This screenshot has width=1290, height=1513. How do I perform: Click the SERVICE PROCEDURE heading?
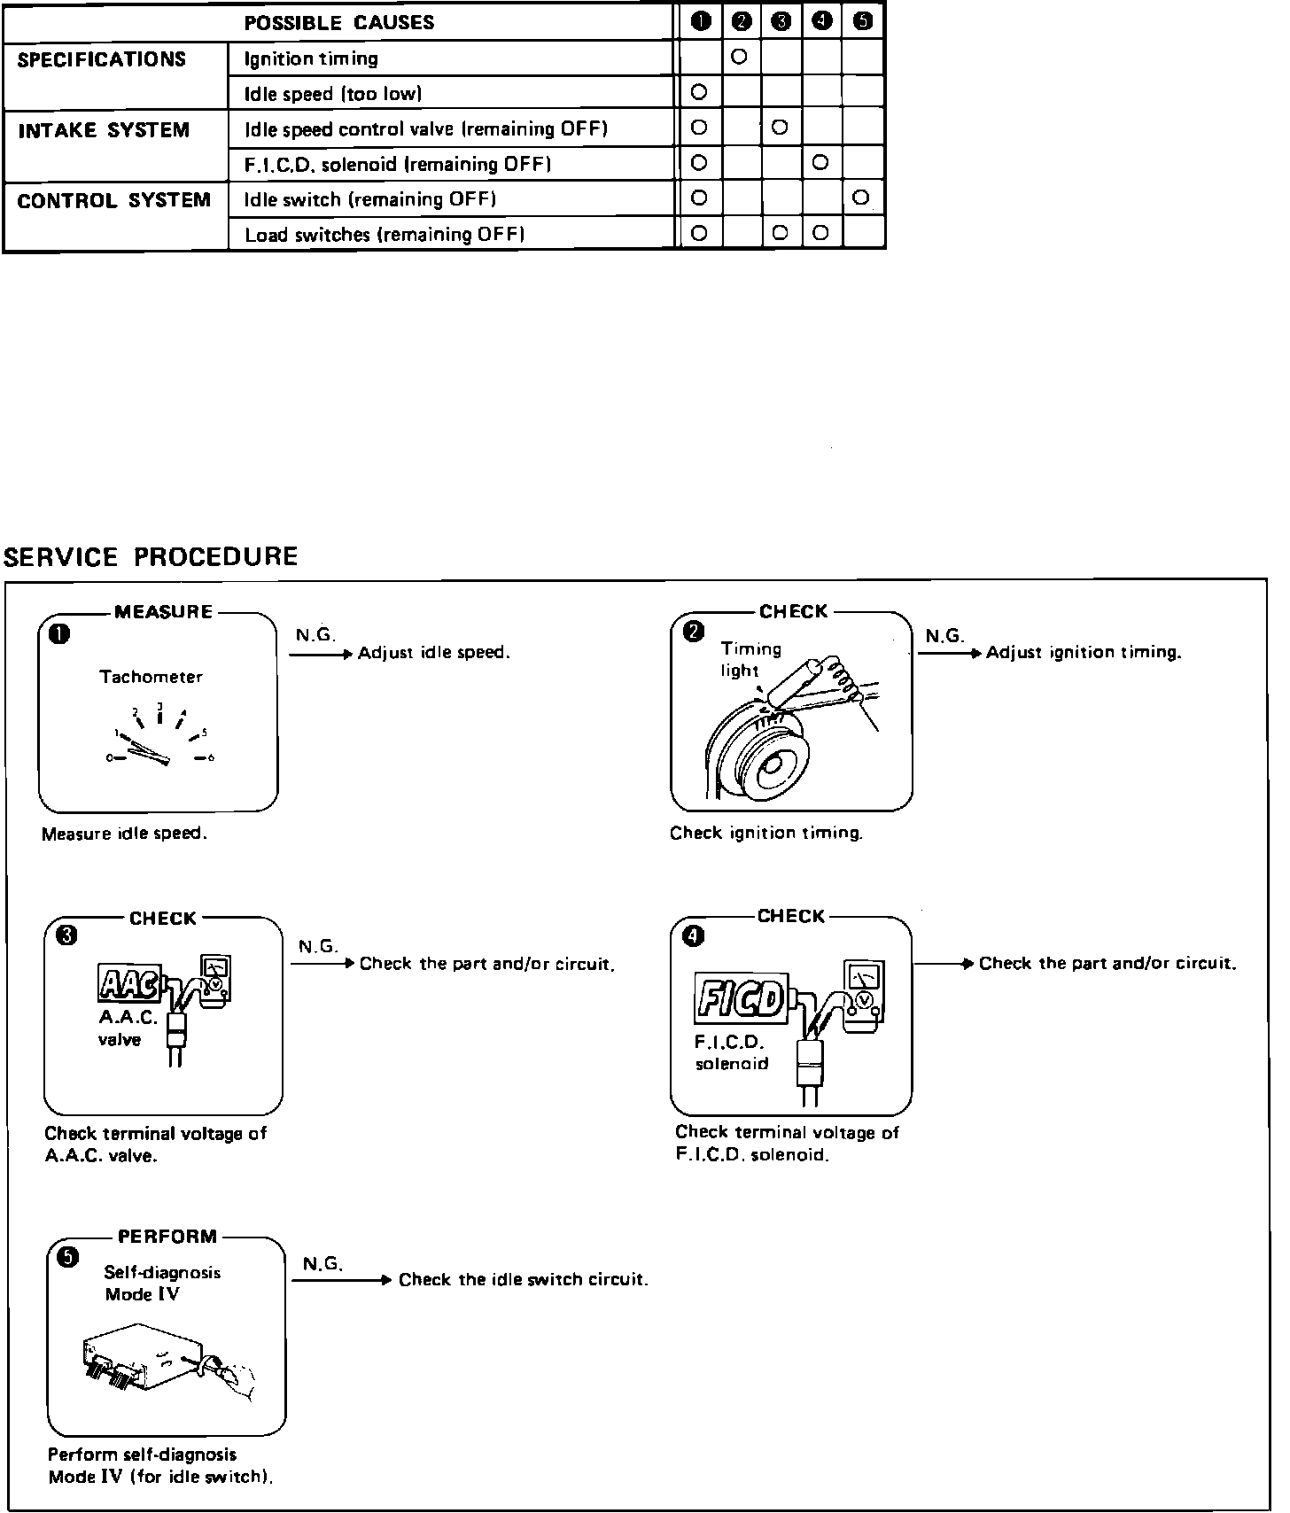point(151,557)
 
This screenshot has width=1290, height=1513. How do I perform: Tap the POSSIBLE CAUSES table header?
point(339,23)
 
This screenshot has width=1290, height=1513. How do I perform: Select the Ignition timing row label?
point(311,59)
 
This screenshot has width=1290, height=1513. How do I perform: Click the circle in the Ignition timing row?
point(740,57)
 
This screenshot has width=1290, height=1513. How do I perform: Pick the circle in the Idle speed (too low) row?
point(699,91)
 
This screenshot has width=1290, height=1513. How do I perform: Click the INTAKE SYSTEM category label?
point(104,131)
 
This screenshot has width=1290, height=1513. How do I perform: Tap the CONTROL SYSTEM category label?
point(114,201)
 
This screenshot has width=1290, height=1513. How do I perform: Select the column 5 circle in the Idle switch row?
point(861,198)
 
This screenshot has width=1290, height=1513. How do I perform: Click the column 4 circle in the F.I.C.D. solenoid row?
point(820,162)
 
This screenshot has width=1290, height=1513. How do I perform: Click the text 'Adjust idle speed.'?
point(433,654)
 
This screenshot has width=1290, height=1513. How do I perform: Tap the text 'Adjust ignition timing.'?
point(1084,654)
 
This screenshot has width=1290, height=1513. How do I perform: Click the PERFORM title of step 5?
point(167,1237)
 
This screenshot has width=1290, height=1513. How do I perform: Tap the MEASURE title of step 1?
point(164,612)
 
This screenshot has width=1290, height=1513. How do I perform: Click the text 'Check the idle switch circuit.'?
point(524,1280)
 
